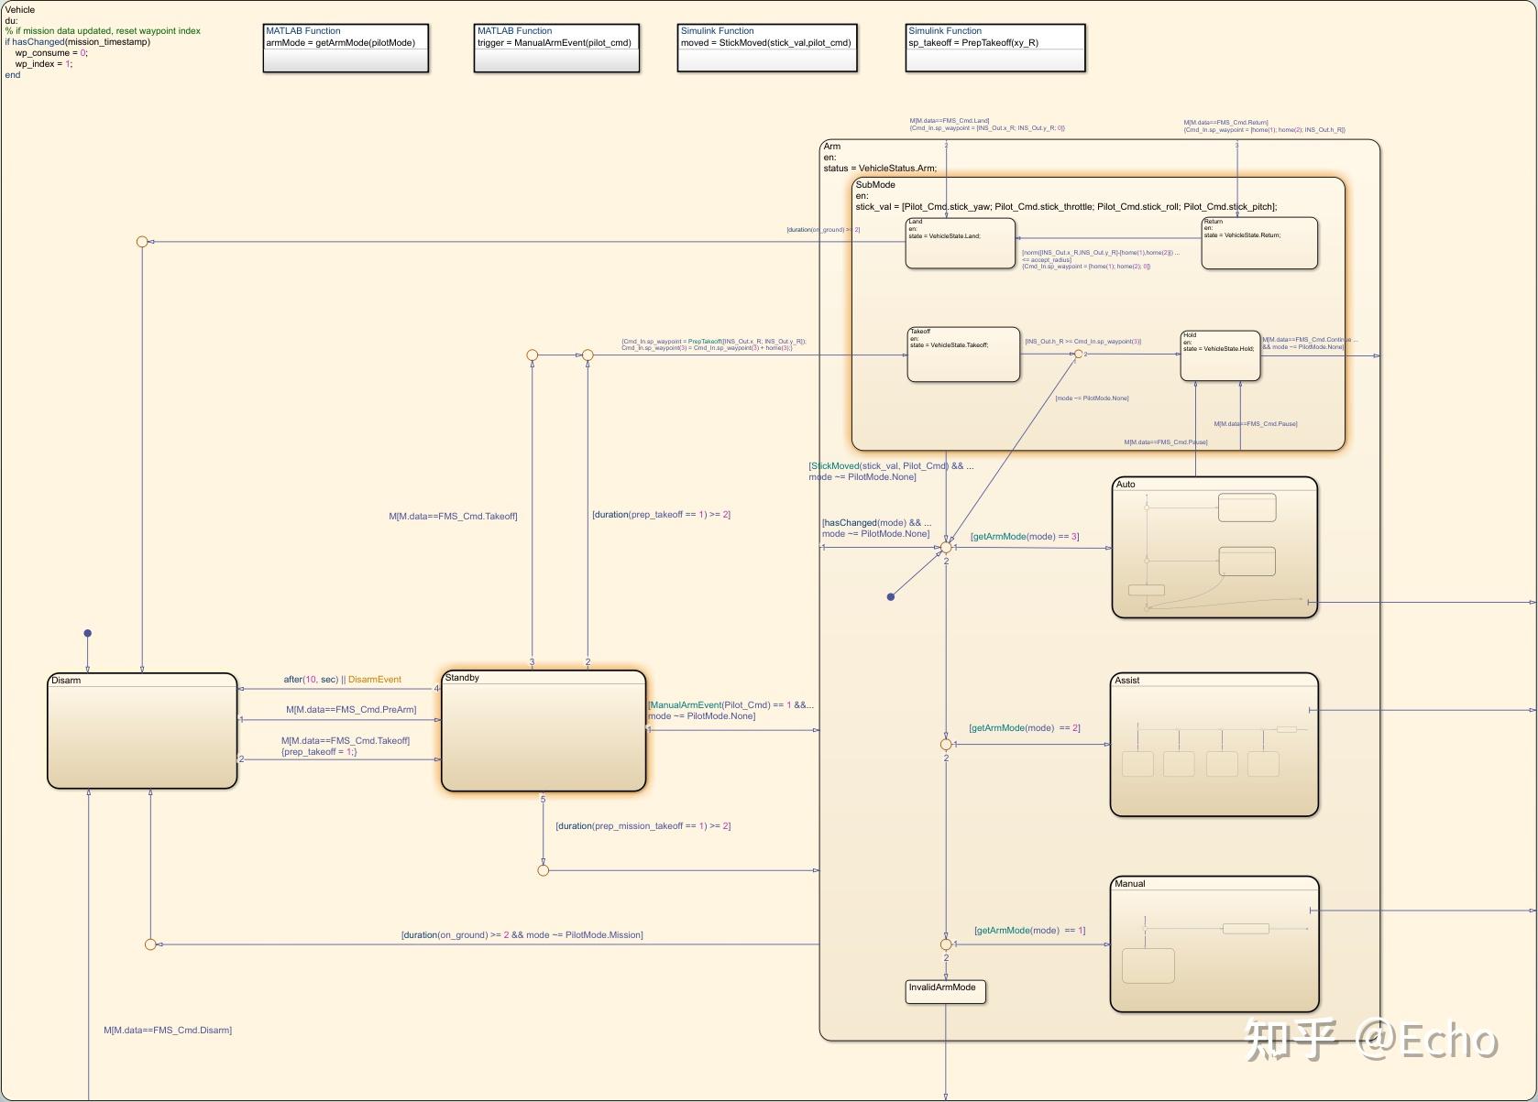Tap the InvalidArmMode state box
pyautogui.click(x=945, y=992)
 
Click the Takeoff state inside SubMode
pyautogui.click(x=962, y=355)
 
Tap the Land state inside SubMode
pyautogui.click(x=960, y=243)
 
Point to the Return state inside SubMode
pyautogui.click(x=1258, y=243)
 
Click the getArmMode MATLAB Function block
pyautogui.click(x=346, y=48)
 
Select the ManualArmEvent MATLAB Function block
pyautogui.click(x=556, y=48)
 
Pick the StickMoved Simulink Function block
pyautogui.click(x=767, y=48)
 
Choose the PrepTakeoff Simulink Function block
pyautogui.click(x=995, y=48)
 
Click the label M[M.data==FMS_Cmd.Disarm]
pyautogui.click(x=168, y=1031)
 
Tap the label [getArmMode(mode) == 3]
pyautogui.click(x=1025, y=537)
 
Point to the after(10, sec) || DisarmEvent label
pyautogui.click(x=342, y=680)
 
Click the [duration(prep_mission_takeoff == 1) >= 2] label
pyautogui.click(x=643, y=826)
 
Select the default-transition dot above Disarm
pyautogui.click(x=88, y=633)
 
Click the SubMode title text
pyautogui.click(x=875, y=185)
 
